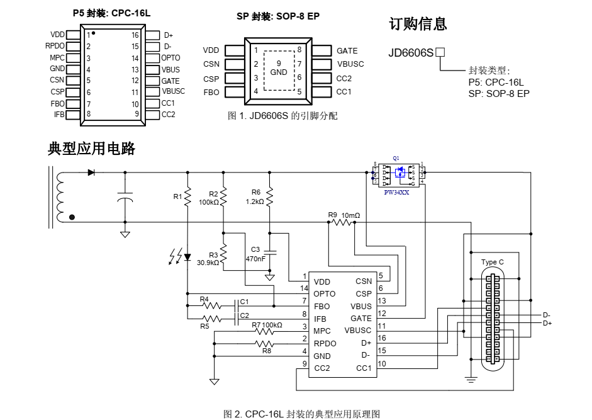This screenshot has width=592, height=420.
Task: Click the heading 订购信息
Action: [418, 24]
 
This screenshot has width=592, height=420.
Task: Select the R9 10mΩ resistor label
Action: [344, 215]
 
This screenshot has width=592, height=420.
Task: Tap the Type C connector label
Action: [492, 262]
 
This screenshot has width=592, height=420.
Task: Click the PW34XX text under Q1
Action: [396, 193]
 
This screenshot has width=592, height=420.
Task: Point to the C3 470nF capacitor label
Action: [255, 254]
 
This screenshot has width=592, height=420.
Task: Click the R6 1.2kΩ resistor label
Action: [255, 197]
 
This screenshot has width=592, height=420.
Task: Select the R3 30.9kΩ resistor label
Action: [208, 259]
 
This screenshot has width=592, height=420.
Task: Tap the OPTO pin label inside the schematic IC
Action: [325, 293]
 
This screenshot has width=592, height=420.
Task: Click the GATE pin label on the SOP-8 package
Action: [347, 51]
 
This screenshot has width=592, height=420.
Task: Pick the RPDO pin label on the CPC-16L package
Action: [55, 46]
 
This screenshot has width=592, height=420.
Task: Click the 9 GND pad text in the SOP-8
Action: [279, 68]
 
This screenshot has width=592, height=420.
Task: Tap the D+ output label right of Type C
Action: [547, 323]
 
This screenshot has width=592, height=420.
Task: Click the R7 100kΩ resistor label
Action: [267, 325]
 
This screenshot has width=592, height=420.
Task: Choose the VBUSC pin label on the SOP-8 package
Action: [350, 64]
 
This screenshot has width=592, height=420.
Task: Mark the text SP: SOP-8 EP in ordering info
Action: [499, 93]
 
